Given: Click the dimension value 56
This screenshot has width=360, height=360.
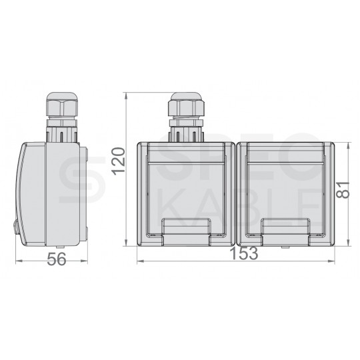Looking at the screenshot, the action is [57, 260].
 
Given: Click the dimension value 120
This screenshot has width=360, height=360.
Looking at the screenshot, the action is [119, 161].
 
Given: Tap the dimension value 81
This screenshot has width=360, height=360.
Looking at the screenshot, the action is [343, 190].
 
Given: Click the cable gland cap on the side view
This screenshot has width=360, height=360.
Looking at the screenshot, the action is [62, 104].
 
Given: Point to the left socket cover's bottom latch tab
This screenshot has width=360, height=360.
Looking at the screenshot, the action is [186, 233].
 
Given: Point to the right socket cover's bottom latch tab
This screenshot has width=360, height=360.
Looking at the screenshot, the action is [286, 233].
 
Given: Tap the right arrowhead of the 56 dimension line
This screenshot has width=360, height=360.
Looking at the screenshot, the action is [84, 261].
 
